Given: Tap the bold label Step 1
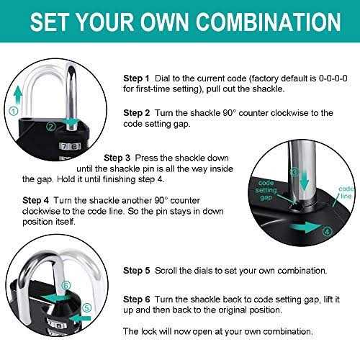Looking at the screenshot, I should pos(137,77).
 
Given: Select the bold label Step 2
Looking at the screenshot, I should pos(137,113).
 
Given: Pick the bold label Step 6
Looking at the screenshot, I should pos(137,298).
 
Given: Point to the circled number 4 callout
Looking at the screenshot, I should pos(327,231).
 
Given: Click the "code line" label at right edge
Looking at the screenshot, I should pos(347,192).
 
